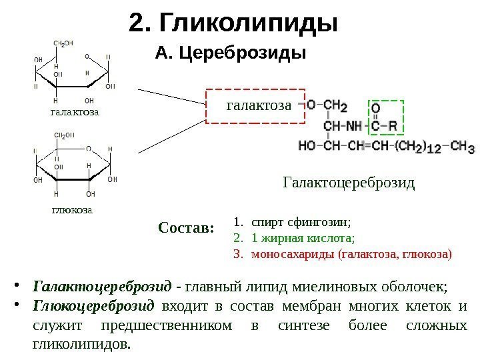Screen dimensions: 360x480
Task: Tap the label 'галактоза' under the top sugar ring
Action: pyautogui.click(x=75, y=111)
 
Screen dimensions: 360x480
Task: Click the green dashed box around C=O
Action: pyautogui.click(x=386, y=117)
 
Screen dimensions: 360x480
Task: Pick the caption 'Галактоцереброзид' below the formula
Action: pyautogui.click(x=349, y=182)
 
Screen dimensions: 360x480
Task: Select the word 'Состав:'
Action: pyautogui.click(x=186, y=228)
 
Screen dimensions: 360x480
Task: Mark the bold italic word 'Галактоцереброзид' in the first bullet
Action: pyautogui.click(x=101, y=287)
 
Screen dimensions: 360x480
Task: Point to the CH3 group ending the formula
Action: pyautogui.click(x=462, y=145)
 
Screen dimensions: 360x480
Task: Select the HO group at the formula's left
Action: pyautogui.click(x=307, y=145)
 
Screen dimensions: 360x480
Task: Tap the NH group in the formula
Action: pyautogui.click(x=354, y=125)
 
